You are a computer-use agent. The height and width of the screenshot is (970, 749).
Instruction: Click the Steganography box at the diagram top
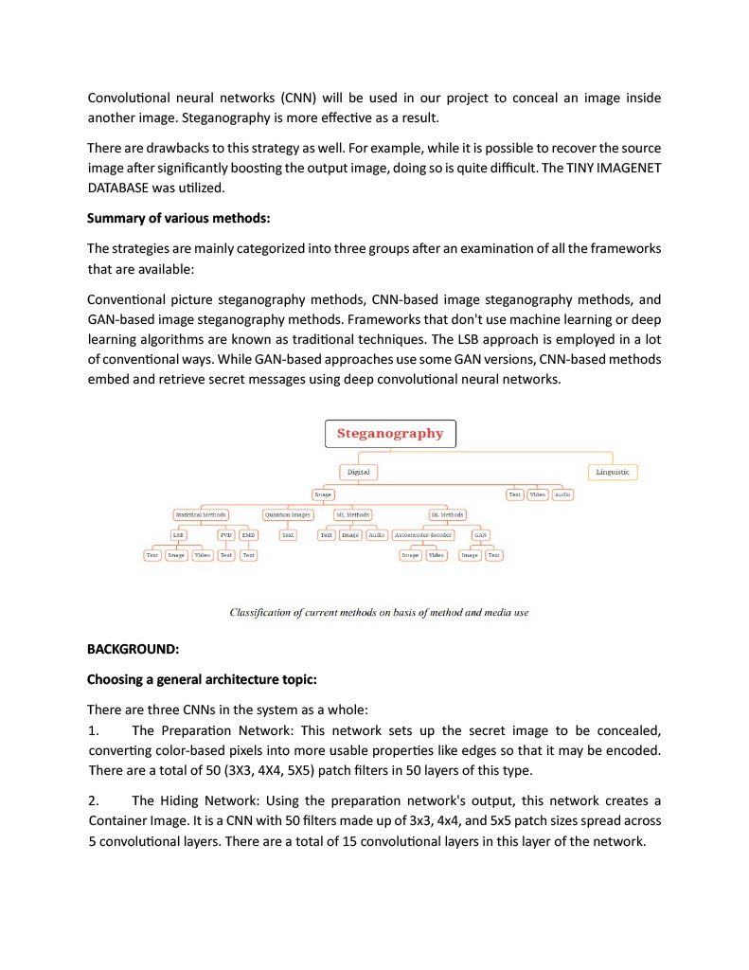[390, 434]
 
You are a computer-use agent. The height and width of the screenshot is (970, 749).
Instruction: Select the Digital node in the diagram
[358, 472]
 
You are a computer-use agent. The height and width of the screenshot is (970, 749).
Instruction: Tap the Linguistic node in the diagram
[613, 472]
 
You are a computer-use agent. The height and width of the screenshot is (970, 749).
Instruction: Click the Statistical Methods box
[201, 515]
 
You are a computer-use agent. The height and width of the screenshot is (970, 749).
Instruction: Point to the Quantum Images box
[287, 515]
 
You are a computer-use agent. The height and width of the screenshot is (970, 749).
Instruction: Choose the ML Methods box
[352, 515]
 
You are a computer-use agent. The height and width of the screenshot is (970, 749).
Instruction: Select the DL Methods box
[447, 515]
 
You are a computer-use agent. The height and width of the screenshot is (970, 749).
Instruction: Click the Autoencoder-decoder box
[422, 535]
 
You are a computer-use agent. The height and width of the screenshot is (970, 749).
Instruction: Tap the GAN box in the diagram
[481, 535]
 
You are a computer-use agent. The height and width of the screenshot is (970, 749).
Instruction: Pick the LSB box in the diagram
[178, 535]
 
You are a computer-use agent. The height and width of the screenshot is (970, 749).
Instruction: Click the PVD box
[226, 535]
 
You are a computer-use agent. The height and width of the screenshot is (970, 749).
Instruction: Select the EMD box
[248, 535]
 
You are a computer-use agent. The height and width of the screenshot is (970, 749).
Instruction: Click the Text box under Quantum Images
[288, 535]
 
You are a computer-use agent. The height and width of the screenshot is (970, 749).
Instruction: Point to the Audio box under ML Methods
[377, 535]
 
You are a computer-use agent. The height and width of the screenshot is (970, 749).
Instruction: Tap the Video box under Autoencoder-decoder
[436, 555]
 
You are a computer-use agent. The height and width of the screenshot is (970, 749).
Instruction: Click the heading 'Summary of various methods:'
[178, 218]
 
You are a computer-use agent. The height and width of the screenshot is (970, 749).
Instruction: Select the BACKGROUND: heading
[133, 650]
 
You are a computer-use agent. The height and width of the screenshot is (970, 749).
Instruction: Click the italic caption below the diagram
[379, 613]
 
